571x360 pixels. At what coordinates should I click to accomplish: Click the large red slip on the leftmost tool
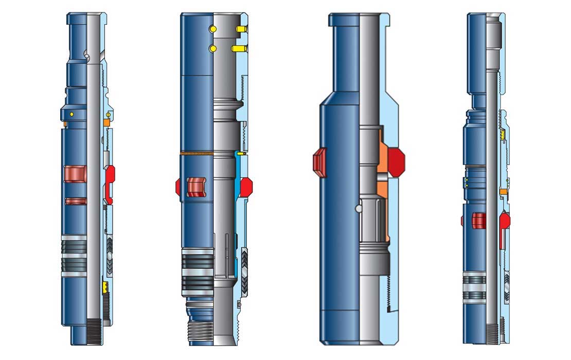point(75,174)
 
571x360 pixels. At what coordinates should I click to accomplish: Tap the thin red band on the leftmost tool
point(76,201)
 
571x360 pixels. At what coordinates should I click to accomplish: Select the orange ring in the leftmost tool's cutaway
point(106,123)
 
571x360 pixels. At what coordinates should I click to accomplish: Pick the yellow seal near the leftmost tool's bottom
point(105,286)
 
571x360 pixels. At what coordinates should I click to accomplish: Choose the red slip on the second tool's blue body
point(195,187)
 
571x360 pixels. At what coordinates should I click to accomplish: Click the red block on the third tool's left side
point(319,162)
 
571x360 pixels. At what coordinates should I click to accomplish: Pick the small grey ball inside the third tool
point(358,209)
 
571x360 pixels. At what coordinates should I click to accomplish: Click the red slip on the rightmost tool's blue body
point(478,221)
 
